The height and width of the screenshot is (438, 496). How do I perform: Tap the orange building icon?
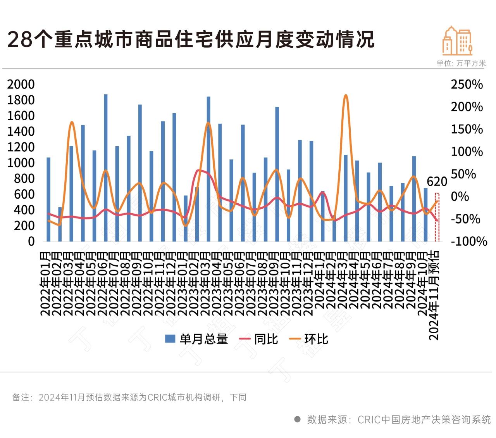(x=457, y=41)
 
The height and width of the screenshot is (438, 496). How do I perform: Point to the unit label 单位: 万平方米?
(x=461, y=63)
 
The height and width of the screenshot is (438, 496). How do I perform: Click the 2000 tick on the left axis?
(x=21, y=85)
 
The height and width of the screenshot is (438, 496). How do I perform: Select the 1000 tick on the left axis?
(x=21, y=163)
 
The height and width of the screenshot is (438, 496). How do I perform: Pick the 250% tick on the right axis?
(x=467, y=85)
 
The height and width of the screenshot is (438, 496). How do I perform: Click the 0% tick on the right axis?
(x=460, y=197)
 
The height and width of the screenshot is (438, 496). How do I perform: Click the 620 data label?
(x=437, y=182)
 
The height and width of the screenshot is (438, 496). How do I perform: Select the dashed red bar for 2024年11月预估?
(x=437, y=217)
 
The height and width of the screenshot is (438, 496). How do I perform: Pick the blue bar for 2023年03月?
(x=208, y=169)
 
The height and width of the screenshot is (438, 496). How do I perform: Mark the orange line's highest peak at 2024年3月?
(x=346, y=95)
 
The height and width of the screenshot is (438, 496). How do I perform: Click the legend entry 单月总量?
(x=196, y=339)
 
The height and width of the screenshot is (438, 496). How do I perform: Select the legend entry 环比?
(x=309, y=339)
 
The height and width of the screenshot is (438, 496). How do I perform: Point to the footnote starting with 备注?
(x=129, y=397)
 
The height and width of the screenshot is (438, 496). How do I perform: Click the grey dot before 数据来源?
(x=298, y=419)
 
